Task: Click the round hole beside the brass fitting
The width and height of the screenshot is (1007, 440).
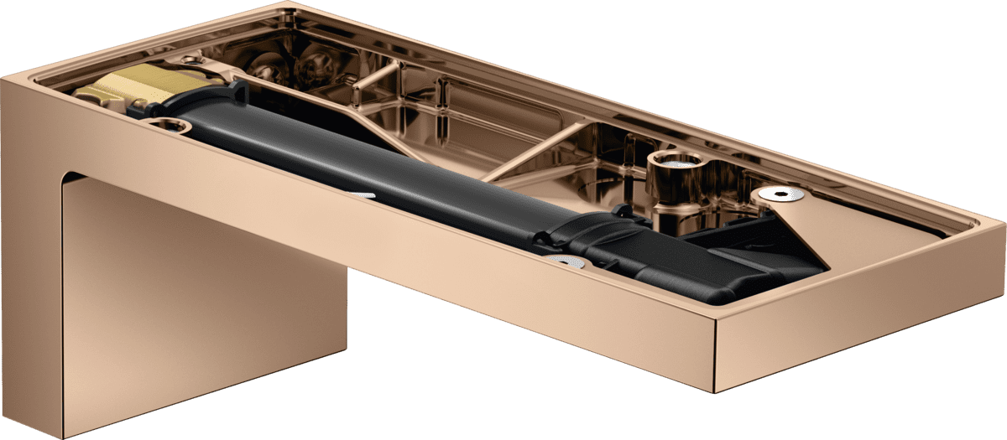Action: [168, 126]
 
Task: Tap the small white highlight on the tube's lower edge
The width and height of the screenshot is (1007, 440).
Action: [363, 195]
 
